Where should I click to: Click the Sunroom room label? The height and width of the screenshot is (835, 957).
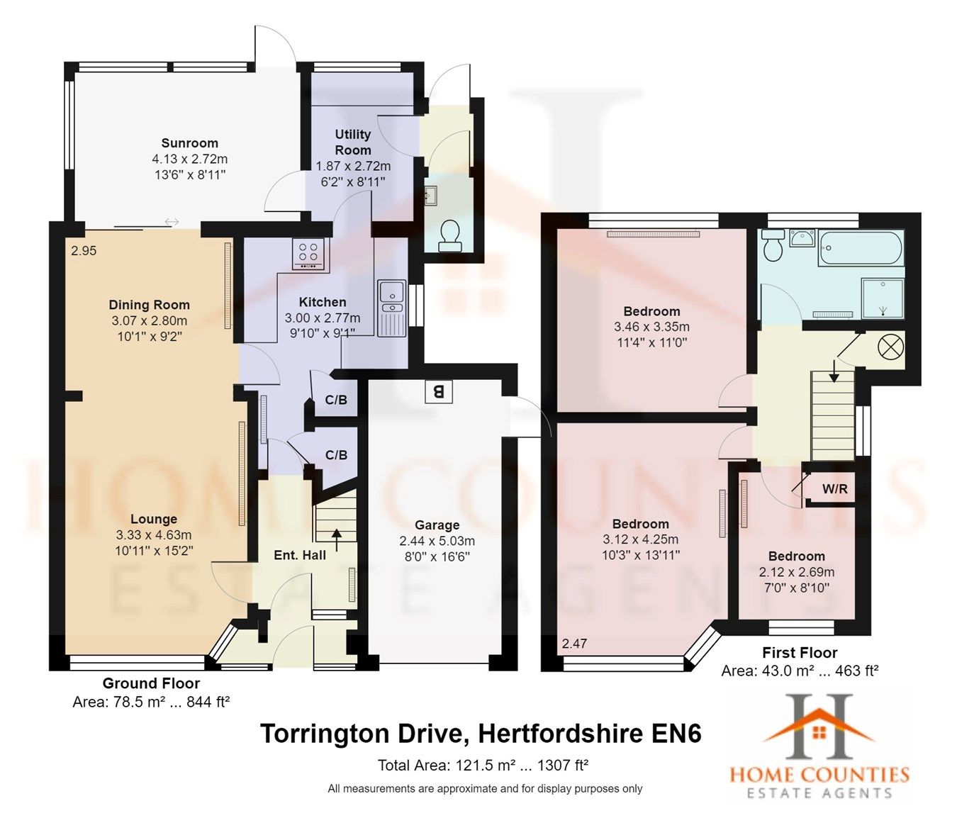click(189, 143)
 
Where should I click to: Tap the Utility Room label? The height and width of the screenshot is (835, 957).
click(353, 142)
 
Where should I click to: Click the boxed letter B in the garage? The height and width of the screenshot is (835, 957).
click(439, 391)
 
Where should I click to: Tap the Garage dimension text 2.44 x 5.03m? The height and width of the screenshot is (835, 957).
click(437, 541)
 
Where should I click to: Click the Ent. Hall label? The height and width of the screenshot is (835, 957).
click(300, 555)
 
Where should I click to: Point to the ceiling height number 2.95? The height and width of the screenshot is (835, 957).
click(84, 251)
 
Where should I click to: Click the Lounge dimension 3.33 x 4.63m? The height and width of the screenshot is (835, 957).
click(154, 534)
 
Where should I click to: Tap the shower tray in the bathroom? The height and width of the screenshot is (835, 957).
click(883, 298)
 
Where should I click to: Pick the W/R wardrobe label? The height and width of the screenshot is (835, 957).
click(834, 489)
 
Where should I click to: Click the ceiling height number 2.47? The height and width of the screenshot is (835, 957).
click(574, 644)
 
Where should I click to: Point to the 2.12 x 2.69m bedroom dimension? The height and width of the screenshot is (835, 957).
click(796, 572)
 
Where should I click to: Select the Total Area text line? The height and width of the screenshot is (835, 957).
click(483, 766)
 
